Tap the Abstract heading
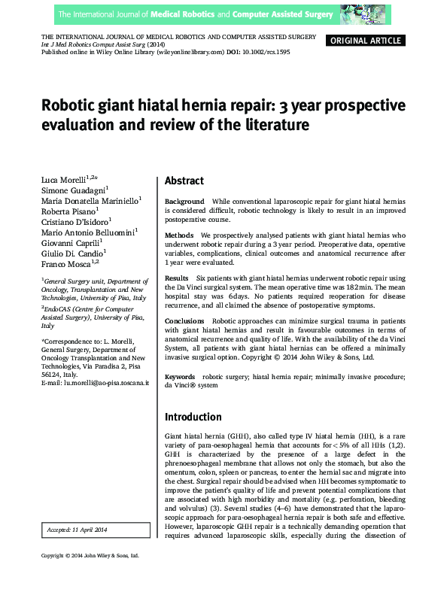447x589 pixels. pos(184,181)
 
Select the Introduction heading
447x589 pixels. pos(193,417)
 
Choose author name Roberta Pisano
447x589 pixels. pos(65,213)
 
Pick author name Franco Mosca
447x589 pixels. pos(65,266)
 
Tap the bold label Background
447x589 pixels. pos(184,202)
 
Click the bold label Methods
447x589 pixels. pos(179,235)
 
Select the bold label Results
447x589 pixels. pos(177,278)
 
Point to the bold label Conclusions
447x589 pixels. pos(184,321)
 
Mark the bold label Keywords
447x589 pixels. pos(180,376)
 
